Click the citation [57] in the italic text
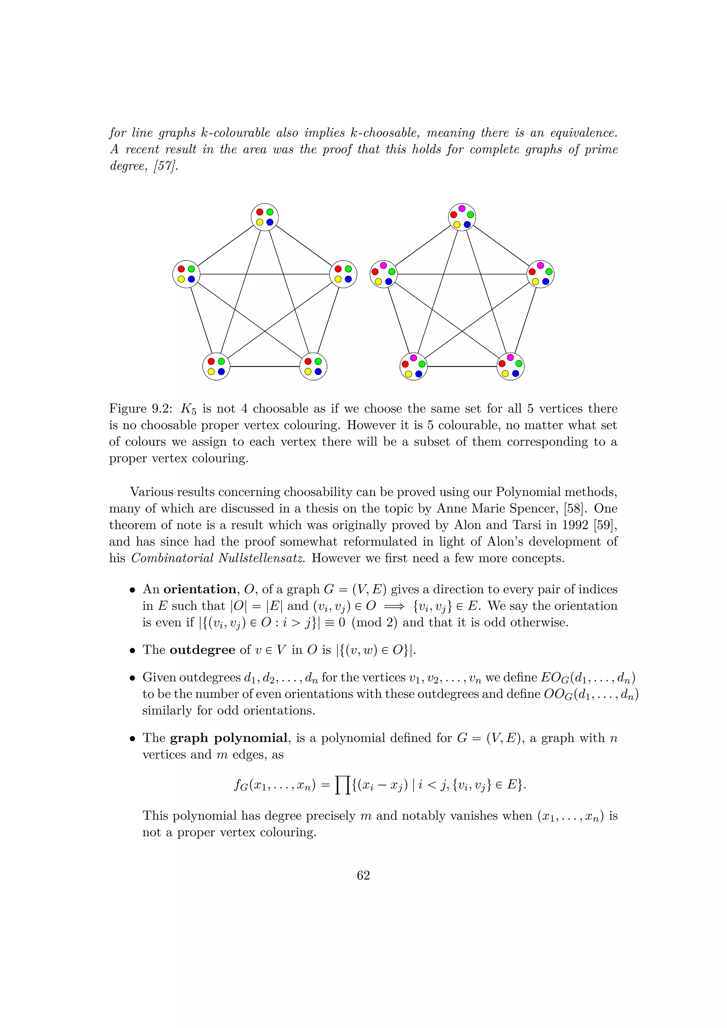166,166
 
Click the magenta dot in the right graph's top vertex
462,208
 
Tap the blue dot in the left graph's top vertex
270,222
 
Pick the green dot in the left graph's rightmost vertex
348,269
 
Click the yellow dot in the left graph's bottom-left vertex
211,372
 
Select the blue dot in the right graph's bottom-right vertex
515,373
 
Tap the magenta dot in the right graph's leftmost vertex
383,266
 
